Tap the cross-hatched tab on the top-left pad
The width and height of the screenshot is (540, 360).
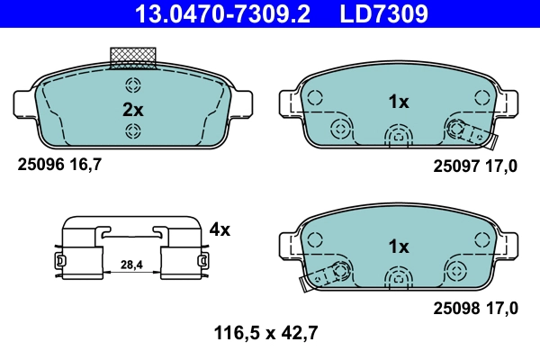tap(133, 58)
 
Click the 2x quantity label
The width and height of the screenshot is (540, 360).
tap(132, 110)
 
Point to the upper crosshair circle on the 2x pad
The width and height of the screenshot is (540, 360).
tap(133, 86)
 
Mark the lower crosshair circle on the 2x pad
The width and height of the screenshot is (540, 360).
tap(133, 133)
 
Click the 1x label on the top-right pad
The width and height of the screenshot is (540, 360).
tap(398, 103)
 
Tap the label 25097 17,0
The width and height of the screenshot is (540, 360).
tap(475, 166)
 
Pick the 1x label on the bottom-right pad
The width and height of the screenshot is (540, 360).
tap(398, 247)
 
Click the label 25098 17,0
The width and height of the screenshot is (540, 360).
tap(475, 309)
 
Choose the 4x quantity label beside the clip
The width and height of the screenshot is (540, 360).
tap(220, 229)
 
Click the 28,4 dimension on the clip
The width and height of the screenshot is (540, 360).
tap(132, 265)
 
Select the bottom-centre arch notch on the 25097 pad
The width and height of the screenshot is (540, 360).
tap(398, 136)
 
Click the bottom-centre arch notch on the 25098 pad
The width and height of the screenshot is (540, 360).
tap(398, 279)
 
